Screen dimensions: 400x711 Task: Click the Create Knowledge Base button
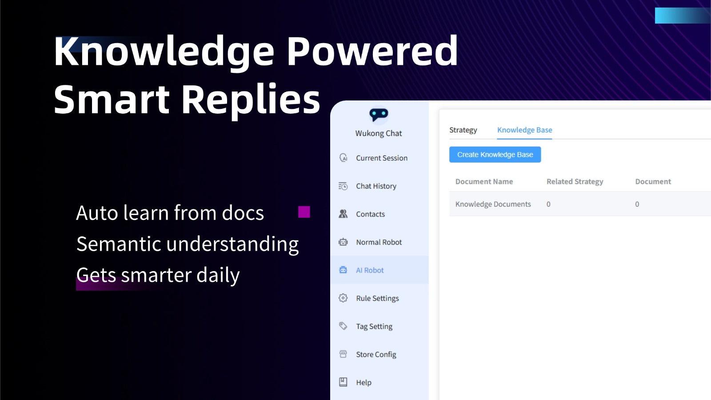coord(495,155)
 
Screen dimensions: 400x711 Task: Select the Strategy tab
coord(463,130)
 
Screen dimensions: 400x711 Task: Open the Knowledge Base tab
coord(524,130)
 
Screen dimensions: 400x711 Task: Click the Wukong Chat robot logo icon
coord(379,115)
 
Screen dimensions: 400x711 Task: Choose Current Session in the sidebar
coord(381,158)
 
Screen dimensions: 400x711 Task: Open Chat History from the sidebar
coord(376,186)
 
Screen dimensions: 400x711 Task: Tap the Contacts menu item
coord(370,214)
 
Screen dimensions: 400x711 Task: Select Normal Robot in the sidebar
coord(379,242)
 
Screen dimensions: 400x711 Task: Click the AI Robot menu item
coord(370,270)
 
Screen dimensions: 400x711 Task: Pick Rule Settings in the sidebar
coord(377,298)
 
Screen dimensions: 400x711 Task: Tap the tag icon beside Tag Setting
coord(343,326)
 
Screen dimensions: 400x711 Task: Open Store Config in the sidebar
coord(376,354)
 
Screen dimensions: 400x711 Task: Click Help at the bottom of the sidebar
coord(363,382)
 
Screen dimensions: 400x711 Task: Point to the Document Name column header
coord(484,181)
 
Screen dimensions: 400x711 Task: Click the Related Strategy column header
coord(575,181)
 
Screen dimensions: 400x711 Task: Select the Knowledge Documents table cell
coord(493,204)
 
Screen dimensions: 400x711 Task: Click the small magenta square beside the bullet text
coord(304,212)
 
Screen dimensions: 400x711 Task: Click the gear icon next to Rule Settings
coord(343,298)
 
